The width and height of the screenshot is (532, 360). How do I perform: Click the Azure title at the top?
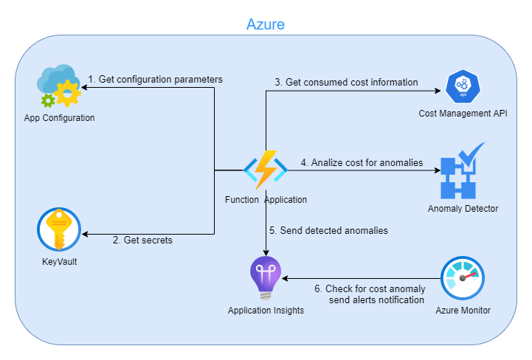(265, 24)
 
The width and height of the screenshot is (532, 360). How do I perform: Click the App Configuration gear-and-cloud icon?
(59, 87)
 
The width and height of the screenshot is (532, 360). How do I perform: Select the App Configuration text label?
(59, 118)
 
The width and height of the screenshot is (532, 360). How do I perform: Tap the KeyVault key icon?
(59, 229)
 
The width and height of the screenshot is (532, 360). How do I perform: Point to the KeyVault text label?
(59, 261)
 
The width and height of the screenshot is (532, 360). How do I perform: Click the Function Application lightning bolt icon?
(266, 170)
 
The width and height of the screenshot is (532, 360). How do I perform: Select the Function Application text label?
(266, 200)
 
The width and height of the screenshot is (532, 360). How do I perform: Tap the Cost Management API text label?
(463, 114)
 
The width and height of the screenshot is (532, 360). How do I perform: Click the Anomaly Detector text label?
(463, 209)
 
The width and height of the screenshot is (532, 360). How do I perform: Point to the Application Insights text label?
(266, 311)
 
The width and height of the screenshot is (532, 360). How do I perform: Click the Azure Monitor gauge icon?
(463, 279)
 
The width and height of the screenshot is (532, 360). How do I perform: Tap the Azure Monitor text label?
(463, 311)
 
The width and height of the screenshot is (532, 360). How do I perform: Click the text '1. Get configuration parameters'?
(155, 79)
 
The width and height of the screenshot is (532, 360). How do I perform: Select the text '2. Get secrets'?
(142, 240)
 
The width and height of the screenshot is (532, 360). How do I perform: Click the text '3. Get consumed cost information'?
(346, 82)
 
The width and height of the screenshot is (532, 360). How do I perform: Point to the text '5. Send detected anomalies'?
(328, 230)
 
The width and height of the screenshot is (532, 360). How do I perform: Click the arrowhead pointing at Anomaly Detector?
(437, 170)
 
